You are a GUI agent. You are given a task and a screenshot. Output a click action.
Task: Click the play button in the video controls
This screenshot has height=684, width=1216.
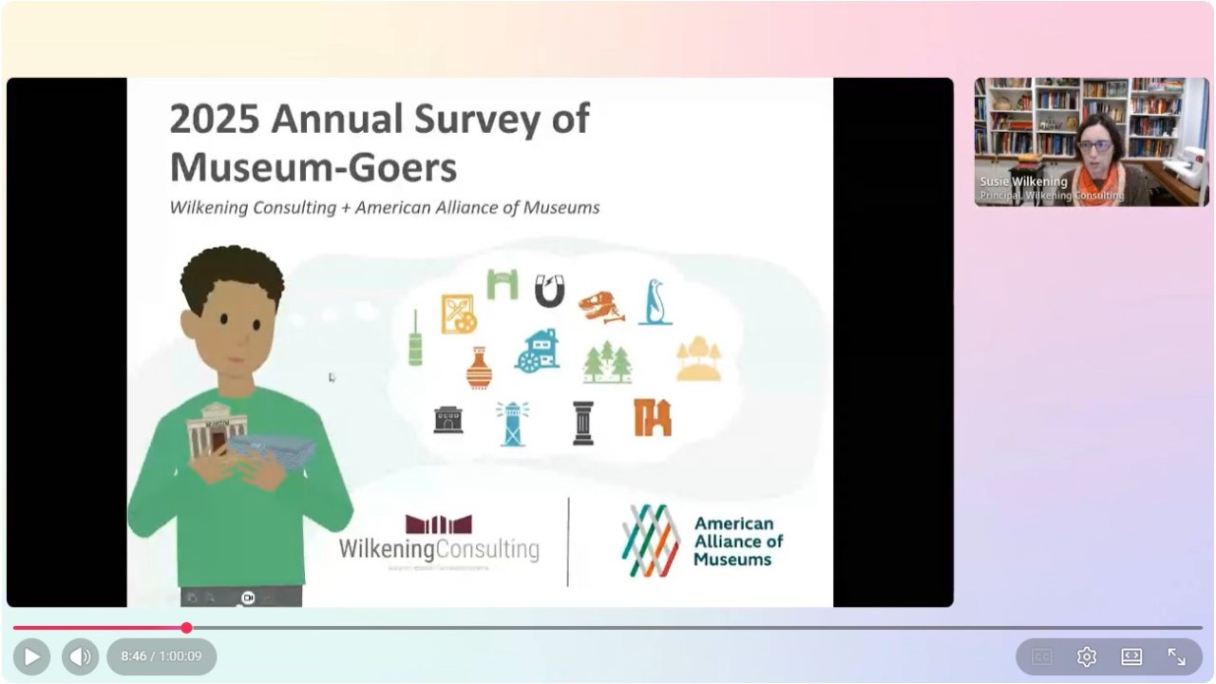click(x=31, y=656)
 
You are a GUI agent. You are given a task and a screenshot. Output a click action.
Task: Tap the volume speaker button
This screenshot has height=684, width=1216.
click(x=81, y=656)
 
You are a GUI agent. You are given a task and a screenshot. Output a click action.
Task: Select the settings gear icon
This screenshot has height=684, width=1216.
click(x=1087, y=656)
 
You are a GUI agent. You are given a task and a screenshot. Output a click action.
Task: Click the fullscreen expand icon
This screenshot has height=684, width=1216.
click(x=1176, y=656)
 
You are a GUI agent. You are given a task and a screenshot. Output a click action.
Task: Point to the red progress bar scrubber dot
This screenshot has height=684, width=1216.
click(x=186, y=628)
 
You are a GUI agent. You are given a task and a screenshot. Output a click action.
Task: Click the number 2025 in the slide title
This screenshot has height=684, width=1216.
click(x=215, y=121)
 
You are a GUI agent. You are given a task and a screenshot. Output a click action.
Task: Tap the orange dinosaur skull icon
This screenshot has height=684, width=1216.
click(x=601, y=307)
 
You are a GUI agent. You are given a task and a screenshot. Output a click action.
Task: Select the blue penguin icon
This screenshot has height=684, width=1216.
click(x=655, y=302)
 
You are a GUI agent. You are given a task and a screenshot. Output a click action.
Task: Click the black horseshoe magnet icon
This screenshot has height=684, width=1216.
click(x=549, y=291)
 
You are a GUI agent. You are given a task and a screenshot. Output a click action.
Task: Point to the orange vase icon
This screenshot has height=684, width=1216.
click(x=480, y=368)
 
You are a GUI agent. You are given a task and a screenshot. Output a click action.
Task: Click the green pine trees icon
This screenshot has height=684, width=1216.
click(x=607, y=362)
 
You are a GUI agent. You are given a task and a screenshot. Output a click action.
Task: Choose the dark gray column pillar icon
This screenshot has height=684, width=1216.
click(x=583, y=423)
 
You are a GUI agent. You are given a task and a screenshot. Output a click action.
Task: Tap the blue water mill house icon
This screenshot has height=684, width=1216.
click(x=538, y=351)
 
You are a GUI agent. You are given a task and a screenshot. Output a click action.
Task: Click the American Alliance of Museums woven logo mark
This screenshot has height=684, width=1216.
click(x=652, y=541)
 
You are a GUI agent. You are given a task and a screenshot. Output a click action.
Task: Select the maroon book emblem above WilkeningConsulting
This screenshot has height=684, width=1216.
click(x=439, y=524)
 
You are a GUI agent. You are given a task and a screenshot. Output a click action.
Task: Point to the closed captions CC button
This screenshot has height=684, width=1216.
click(x=1042, y=656)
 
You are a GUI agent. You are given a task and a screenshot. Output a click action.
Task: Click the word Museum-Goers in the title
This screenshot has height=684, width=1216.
click(x=313, y=167)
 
